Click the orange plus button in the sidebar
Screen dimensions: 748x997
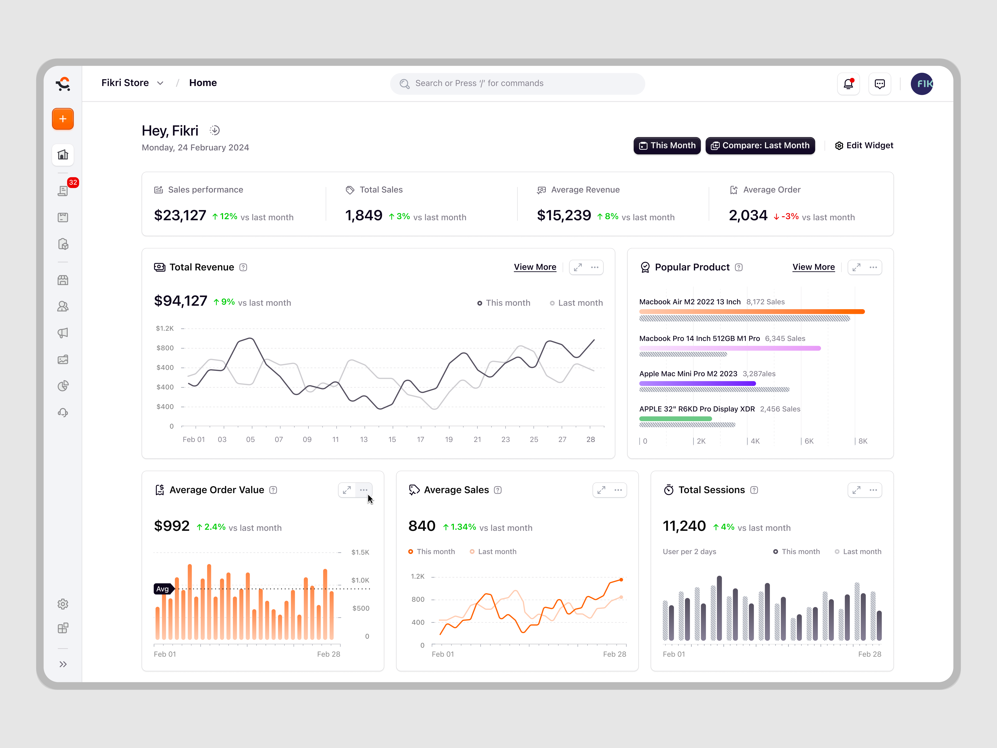[63, 119]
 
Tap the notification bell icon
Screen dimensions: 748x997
[848, 84]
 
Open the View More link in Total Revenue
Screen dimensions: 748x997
[535, 267]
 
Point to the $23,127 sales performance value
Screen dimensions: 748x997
[180, 215]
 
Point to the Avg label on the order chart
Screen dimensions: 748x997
[162, 589]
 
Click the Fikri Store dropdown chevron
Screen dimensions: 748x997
[160, 83]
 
